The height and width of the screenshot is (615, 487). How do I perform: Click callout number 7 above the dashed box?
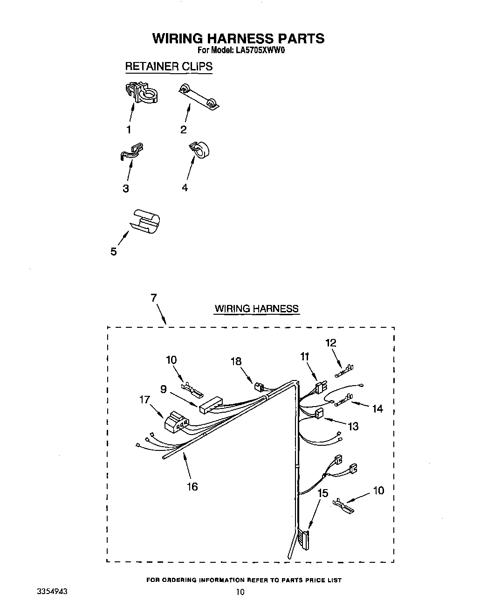153,298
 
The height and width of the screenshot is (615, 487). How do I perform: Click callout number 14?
377,408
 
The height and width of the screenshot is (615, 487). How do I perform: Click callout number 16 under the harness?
192,486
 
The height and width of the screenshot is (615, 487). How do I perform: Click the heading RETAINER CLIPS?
168,66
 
